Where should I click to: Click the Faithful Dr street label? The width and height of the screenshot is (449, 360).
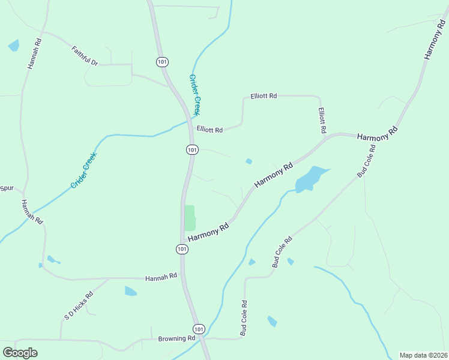point(85,55)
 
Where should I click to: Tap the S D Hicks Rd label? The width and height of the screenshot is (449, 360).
point(79,306)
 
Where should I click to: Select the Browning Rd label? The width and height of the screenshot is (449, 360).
point(177,338)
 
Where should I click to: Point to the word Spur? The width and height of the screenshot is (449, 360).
point(7,188)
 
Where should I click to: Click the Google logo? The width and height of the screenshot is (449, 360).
point(20,352)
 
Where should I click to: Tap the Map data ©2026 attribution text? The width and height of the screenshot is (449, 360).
point(423,355)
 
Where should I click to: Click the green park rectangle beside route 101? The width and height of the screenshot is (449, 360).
point(190,218)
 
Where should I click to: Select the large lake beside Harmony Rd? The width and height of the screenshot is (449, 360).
point(311,178)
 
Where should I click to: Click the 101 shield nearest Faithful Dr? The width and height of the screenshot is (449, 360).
point(162,62)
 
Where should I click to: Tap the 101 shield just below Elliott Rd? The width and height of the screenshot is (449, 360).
point(191,149)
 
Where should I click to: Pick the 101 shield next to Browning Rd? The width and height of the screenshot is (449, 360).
point(199,329)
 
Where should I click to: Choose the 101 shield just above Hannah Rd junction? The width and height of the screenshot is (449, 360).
point(182,248)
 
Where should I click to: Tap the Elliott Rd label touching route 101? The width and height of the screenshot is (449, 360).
point(209,129)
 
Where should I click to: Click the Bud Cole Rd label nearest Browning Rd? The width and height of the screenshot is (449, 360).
point(244,318)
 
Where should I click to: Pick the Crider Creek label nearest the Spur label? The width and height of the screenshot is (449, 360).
point(83,170)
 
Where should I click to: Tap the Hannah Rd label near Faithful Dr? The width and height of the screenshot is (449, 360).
point(34,54)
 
